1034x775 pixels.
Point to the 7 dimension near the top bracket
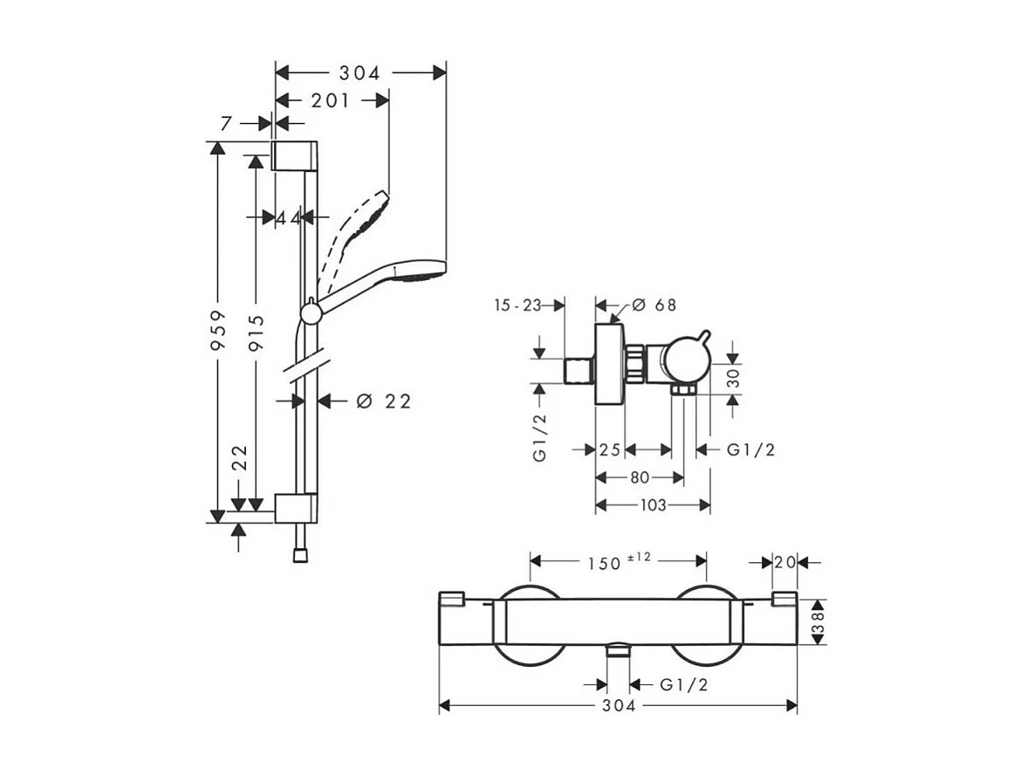click(x=227, y=124)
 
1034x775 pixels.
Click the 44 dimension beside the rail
click(x=289, y=216)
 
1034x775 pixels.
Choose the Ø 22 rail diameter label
click(x=384, y=401)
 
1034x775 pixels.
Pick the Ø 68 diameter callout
click(x=654, y=305)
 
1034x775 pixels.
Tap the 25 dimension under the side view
click(x=610, y=450)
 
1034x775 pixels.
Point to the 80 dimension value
click(x=640, y=477)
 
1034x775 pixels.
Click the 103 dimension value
click(x=653, y=504)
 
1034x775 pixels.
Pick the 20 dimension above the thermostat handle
click(x=784, y=562)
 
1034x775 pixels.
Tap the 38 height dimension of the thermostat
click(x=818, y=622)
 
